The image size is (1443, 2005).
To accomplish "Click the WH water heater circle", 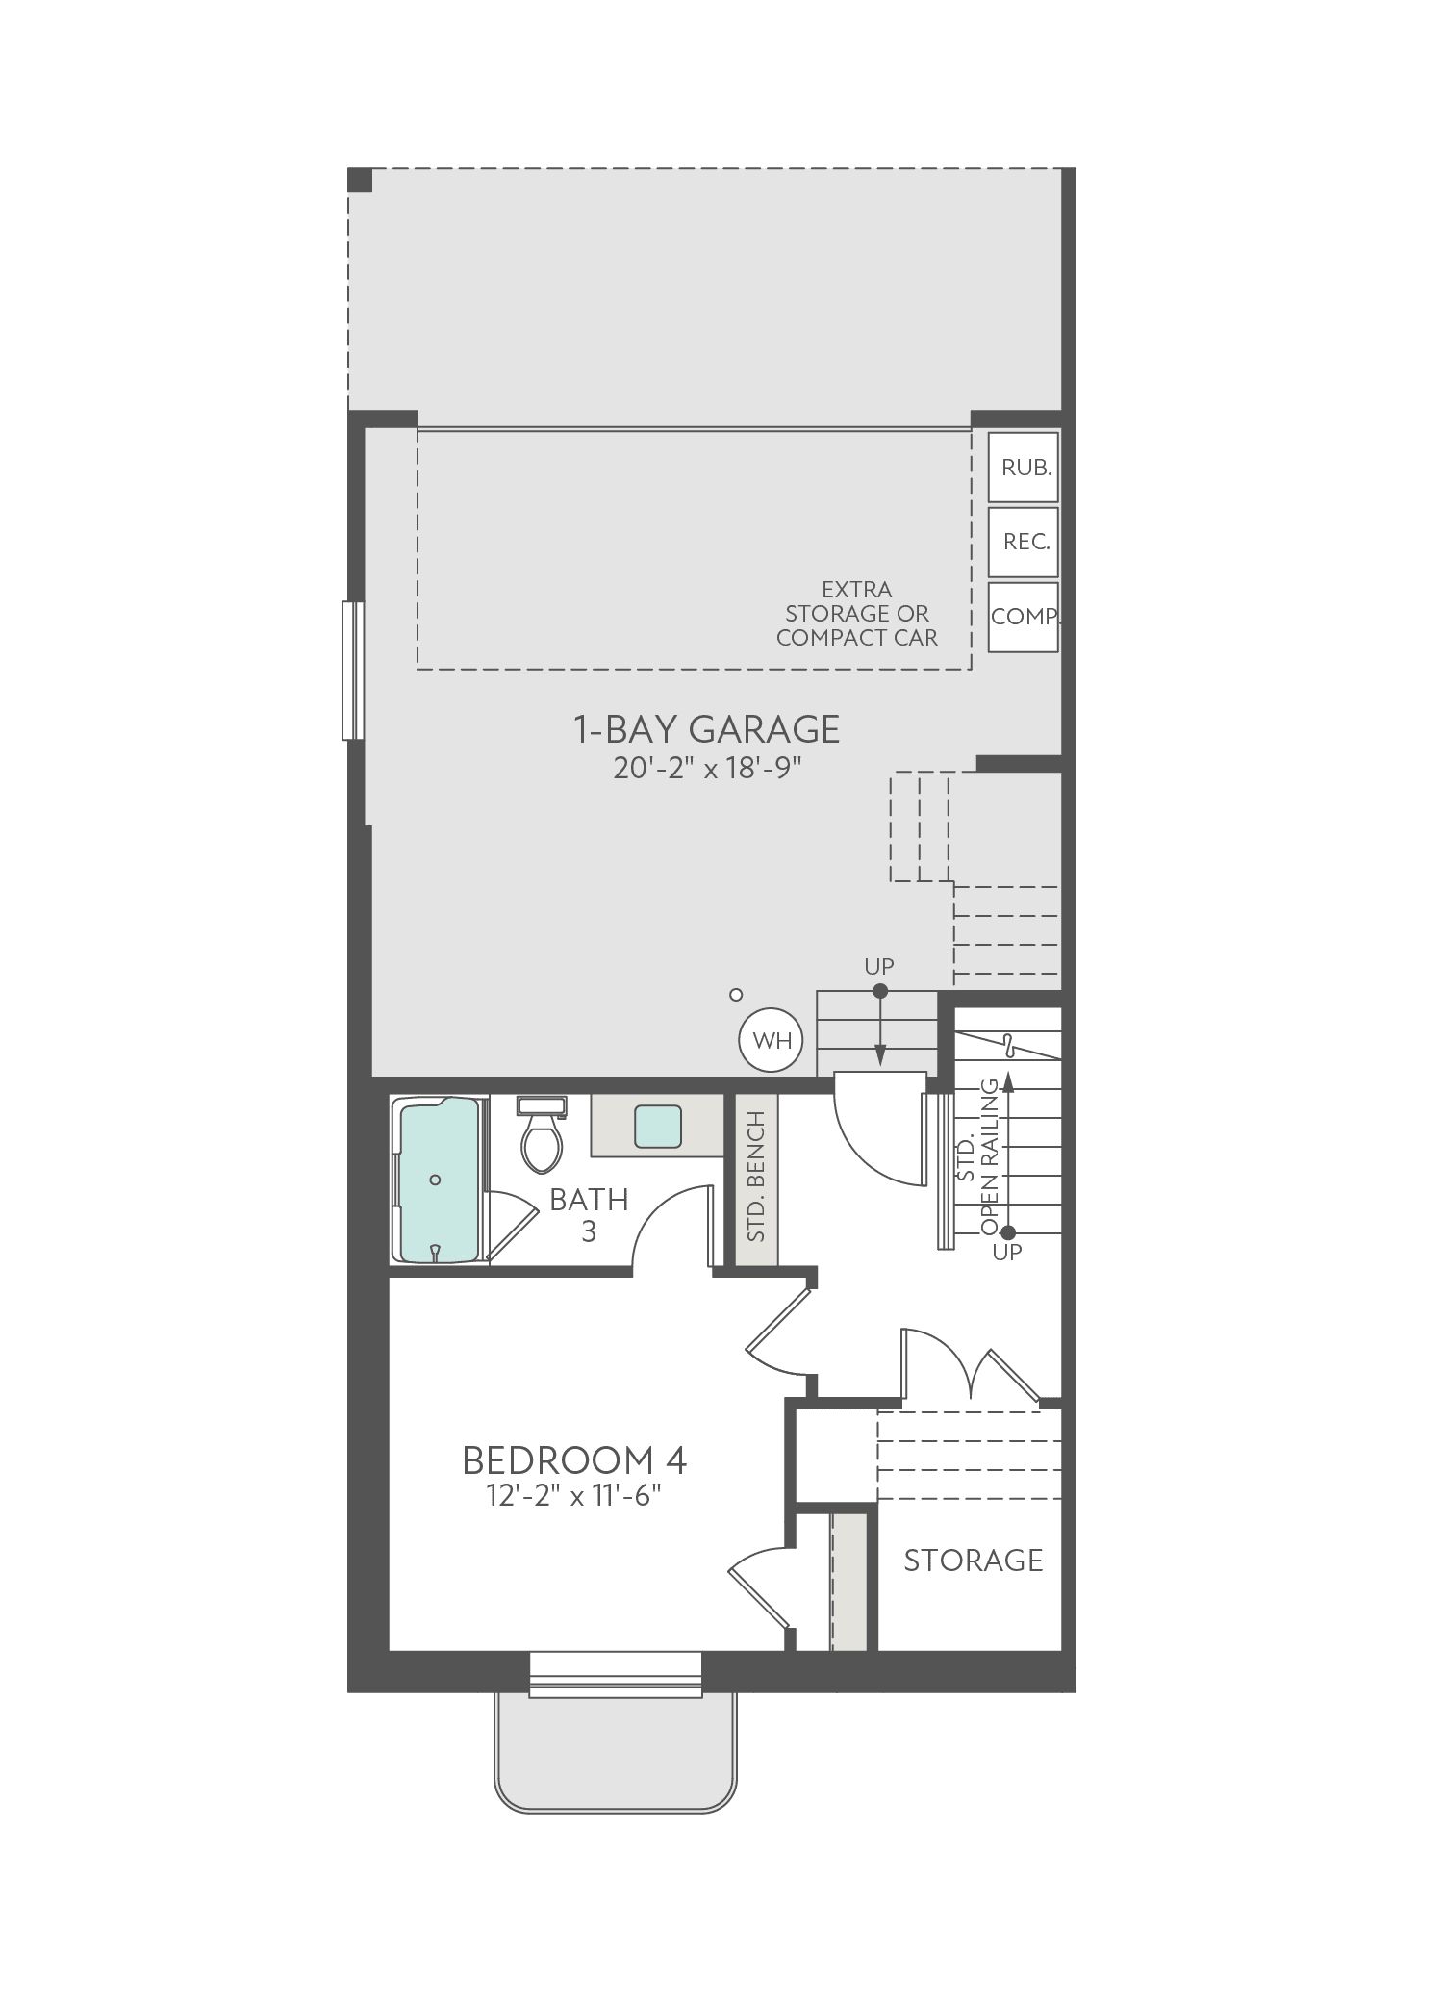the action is click(771, 1040).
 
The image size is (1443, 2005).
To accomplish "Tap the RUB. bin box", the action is click(1024, 468).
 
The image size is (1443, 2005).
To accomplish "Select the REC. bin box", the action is click(1024, 542).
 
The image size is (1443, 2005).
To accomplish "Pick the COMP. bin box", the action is click(1024, 617).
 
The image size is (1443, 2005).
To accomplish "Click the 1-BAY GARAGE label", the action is click(707, 729).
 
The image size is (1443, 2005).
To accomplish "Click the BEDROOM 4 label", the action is click(574, 1460).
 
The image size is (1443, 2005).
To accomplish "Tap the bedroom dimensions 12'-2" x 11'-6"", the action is click(574, 1498).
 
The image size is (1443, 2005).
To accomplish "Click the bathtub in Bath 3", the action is click(439, 1180).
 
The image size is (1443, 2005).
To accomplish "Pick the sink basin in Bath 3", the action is click(658, 1126).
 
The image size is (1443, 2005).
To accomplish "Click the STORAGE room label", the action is click(974, 1560).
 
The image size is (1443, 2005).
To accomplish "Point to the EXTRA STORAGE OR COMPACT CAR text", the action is click(857, 613).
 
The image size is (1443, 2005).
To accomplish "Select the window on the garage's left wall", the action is click(353, 671).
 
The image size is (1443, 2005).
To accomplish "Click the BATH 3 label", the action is click(589, 1215).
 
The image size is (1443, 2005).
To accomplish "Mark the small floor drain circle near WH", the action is click(736, 994).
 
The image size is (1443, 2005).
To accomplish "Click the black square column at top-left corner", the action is click(360, 180).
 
